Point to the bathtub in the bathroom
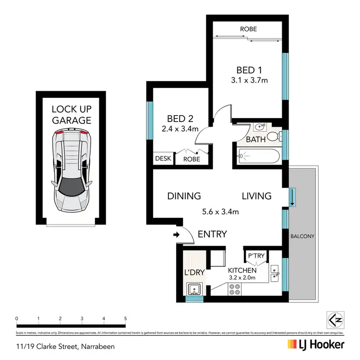[259, 155]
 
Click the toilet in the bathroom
[274, 135]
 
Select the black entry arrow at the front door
[176, 235]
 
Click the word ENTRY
[212, 234]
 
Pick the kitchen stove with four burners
[235, 289]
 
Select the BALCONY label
[302, 236]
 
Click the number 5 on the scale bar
[125, 318]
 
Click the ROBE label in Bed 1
[248, 29]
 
